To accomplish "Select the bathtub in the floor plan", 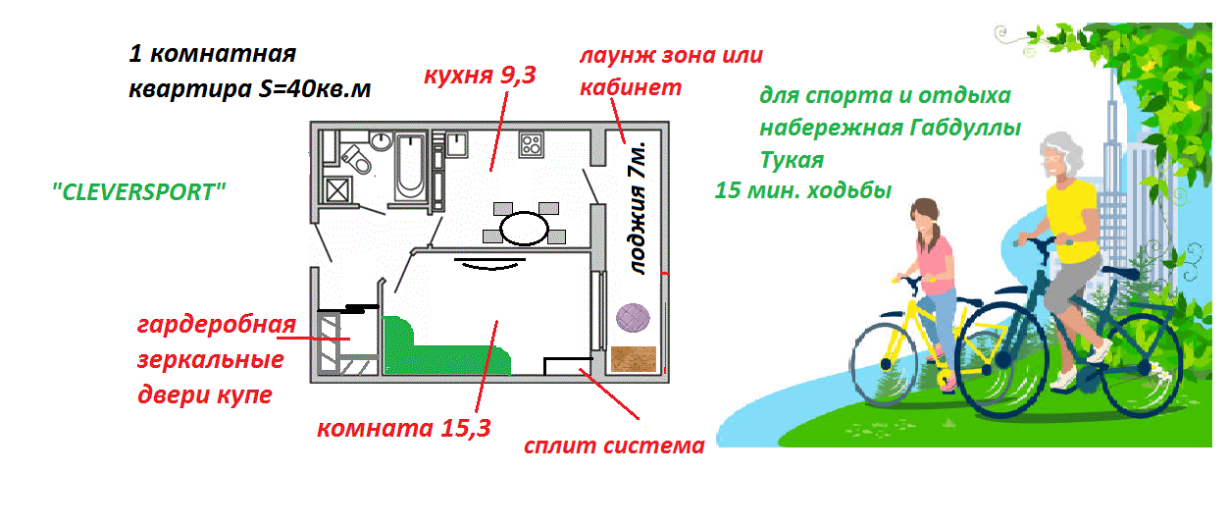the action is [x=407, y=168].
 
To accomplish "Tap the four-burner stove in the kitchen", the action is [x=532, y=144].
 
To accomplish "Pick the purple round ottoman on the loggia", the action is [x=634, y=318].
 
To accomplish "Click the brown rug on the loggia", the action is [x=633, y=359].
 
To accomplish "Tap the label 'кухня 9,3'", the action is [x=480, y=76].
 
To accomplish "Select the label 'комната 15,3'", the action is [x=403, y=428].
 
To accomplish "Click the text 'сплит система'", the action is [x=614, y=446].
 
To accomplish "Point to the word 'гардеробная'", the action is [x=216, y=325].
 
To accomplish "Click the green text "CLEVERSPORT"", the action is [x=139, y=191].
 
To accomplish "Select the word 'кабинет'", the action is [x=630, y=86].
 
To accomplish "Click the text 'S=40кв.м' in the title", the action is [x=316, y=89].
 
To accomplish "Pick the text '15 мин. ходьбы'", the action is [x=803, y=190].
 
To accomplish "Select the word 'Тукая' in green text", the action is [x=792, y=159].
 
